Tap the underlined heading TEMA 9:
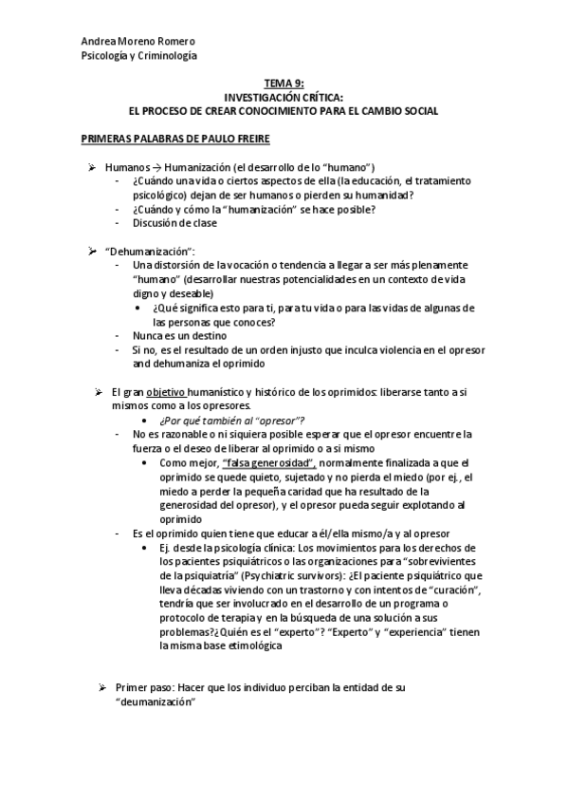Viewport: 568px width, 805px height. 284,84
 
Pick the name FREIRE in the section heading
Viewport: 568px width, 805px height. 249,139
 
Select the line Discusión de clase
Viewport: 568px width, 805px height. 175,223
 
